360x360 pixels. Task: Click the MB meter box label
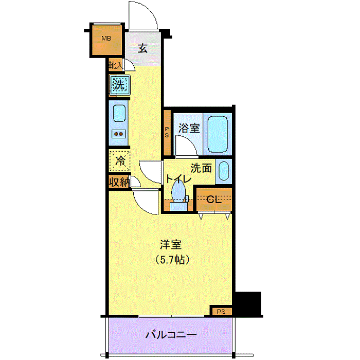pyautogui.click(x=106, y=39)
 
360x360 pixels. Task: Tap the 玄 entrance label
pyautogui.click(x=142, y=48)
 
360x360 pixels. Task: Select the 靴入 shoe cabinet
pyautogui.click(x=116, y=65)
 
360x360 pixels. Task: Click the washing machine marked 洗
pyautogui.click(x=120, y=85)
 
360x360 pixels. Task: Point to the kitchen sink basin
pyautogui.click(x=119, y=114)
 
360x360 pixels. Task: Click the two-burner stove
pyautogui.click(x=119, y=134)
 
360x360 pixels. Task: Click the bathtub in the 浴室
pyautogui.click(x=218, y=134)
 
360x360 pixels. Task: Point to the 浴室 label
pyautogui.click(x=189, y=128)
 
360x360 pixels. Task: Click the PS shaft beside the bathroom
pyautogui.click(x=167, y=133)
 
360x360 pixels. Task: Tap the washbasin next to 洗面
pyautogui.click(x=224, y=171)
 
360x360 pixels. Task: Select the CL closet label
pyautogui.click(x=214, y=200)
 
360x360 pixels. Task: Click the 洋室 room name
pyautogui.click(x=171, y=244)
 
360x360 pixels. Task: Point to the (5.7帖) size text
pyautogui.click(x=172, y=260)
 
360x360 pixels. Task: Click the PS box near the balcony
pyautogui.click(x=221, y=311)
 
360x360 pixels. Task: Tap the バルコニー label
pyautogui.click(x=171, y=335)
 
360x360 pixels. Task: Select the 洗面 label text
pyautogui.click(x=201, y=168)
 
